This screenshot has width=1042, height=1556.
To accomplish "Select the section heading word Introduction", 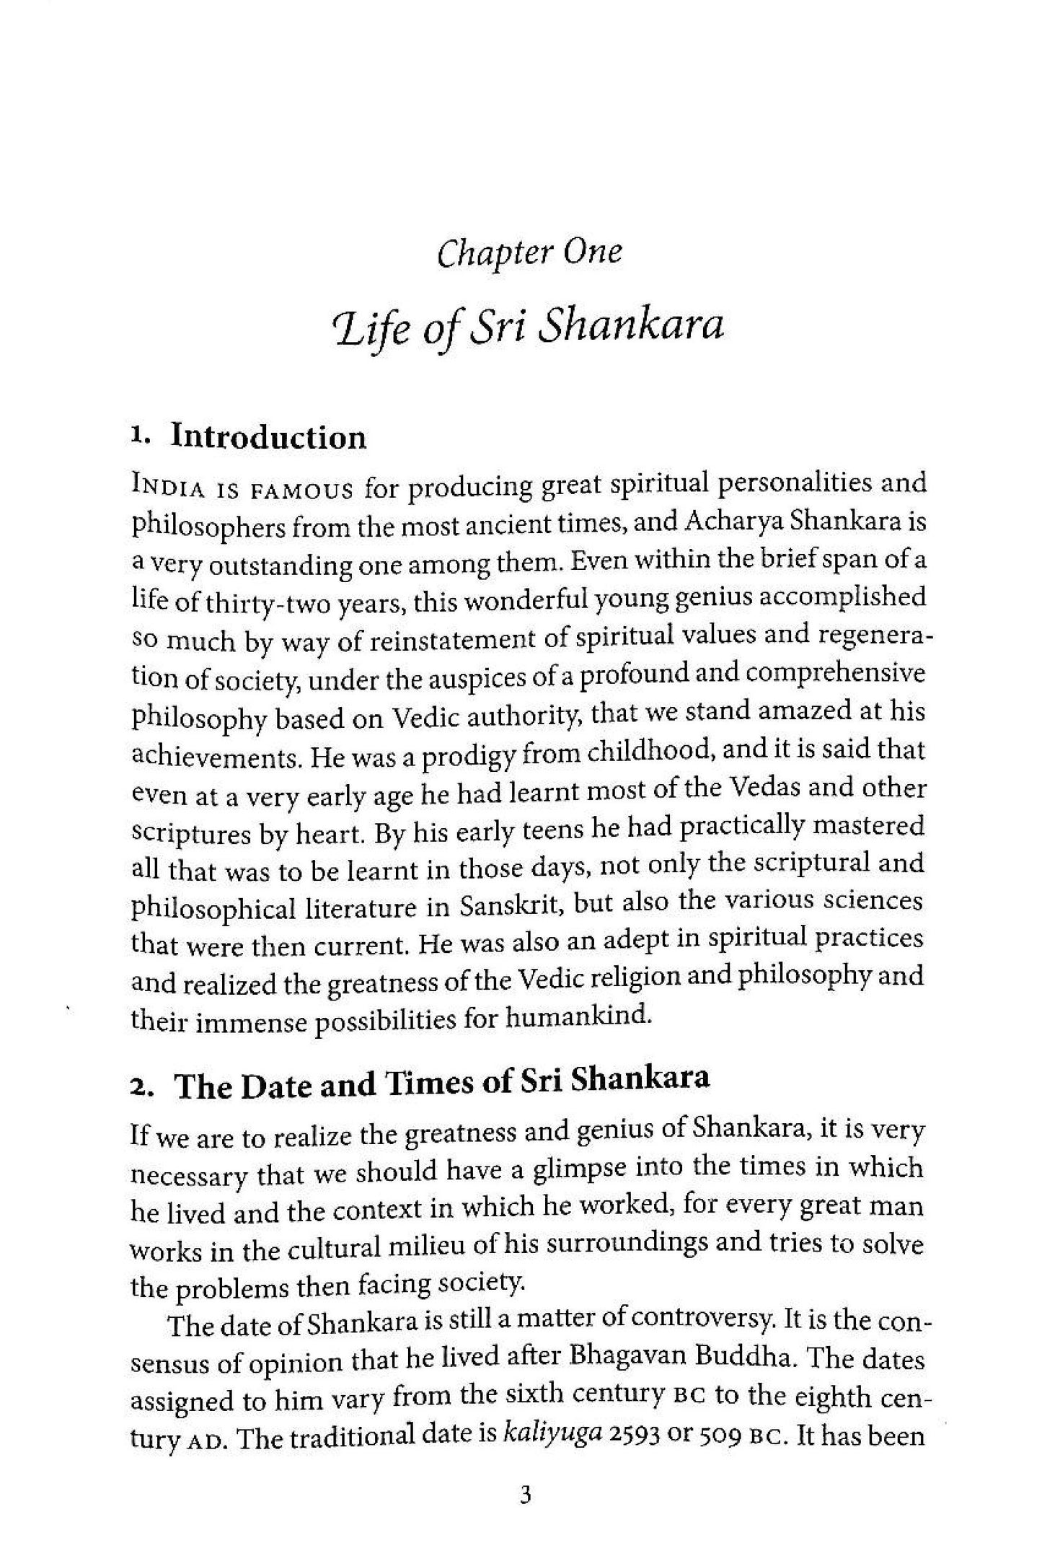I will pos(268,437).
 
